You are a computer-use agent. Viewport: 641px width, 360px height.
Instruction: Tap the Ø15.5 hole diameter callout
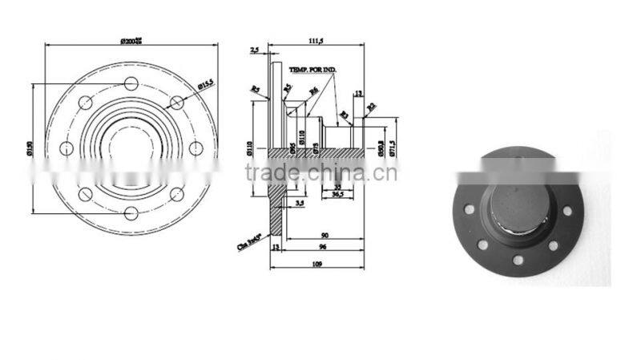click(x=204, y=83)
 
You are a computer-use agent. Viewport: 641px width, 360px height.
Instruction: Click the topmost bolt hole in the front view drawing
click(x=131, y=83)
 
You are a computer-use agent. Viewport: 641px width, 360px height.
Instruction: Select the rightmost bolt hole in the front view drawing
click(x=196, y=148)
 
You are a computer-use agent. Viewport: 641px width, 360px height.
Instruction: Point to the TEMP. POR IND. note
click(x=315, y=71)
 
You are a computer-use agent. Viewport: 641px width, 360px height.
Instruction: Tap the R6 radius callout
click(x=314, y=90)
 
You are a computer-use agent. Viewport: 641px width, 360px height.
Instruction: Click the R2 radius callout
click(x=372, y=106)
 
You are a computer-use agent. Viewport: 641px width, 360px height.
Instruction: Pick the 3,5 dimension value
click(x=299, y=204)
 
